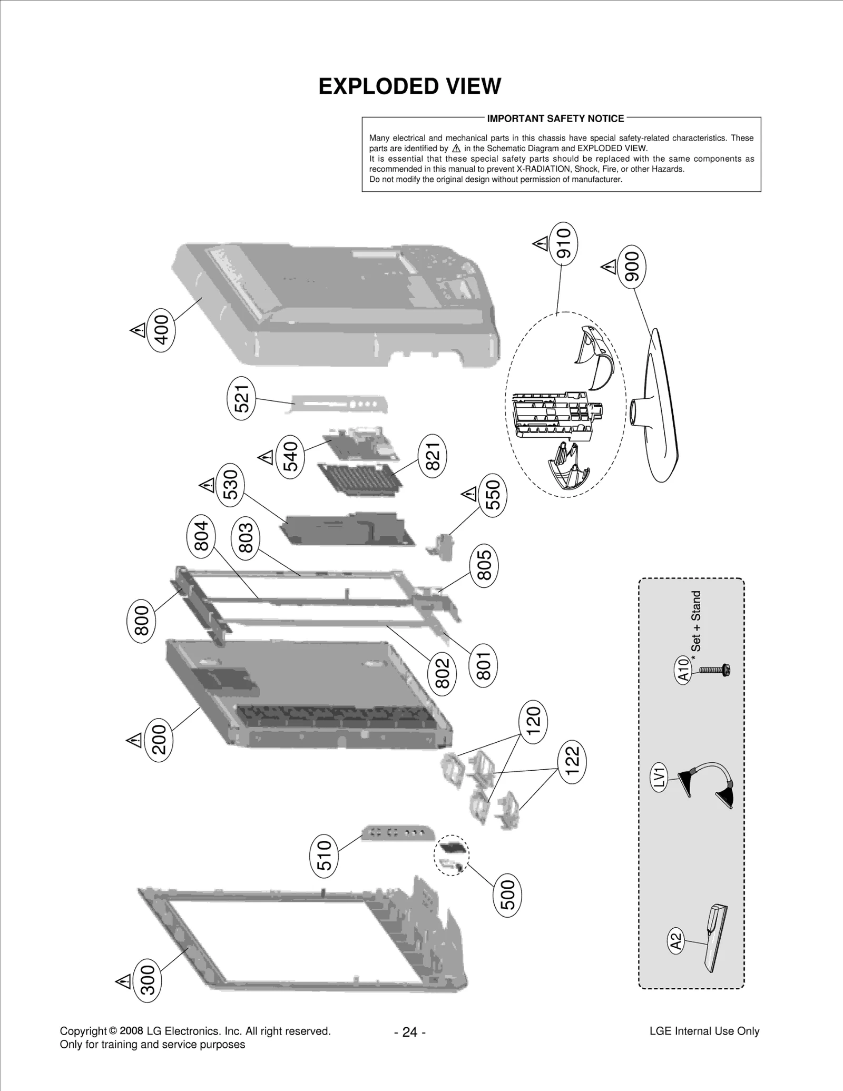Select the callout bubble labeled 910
click(x=563, y=243)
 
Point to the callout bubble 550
click(x=493, y=496)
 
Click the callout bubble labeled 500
click(x=507, y=895)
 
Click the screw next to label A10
click(x=714, y=670)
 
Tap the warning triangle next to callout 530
click(x=207, y=484)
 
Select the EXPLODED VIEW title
click(x=409, y=86)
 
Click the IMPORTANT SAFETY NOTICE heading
click(x=555, y=119)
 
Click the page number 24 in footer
click(x=409, y=1031)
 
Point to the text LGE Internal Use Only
click(x=704, y=1031)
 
